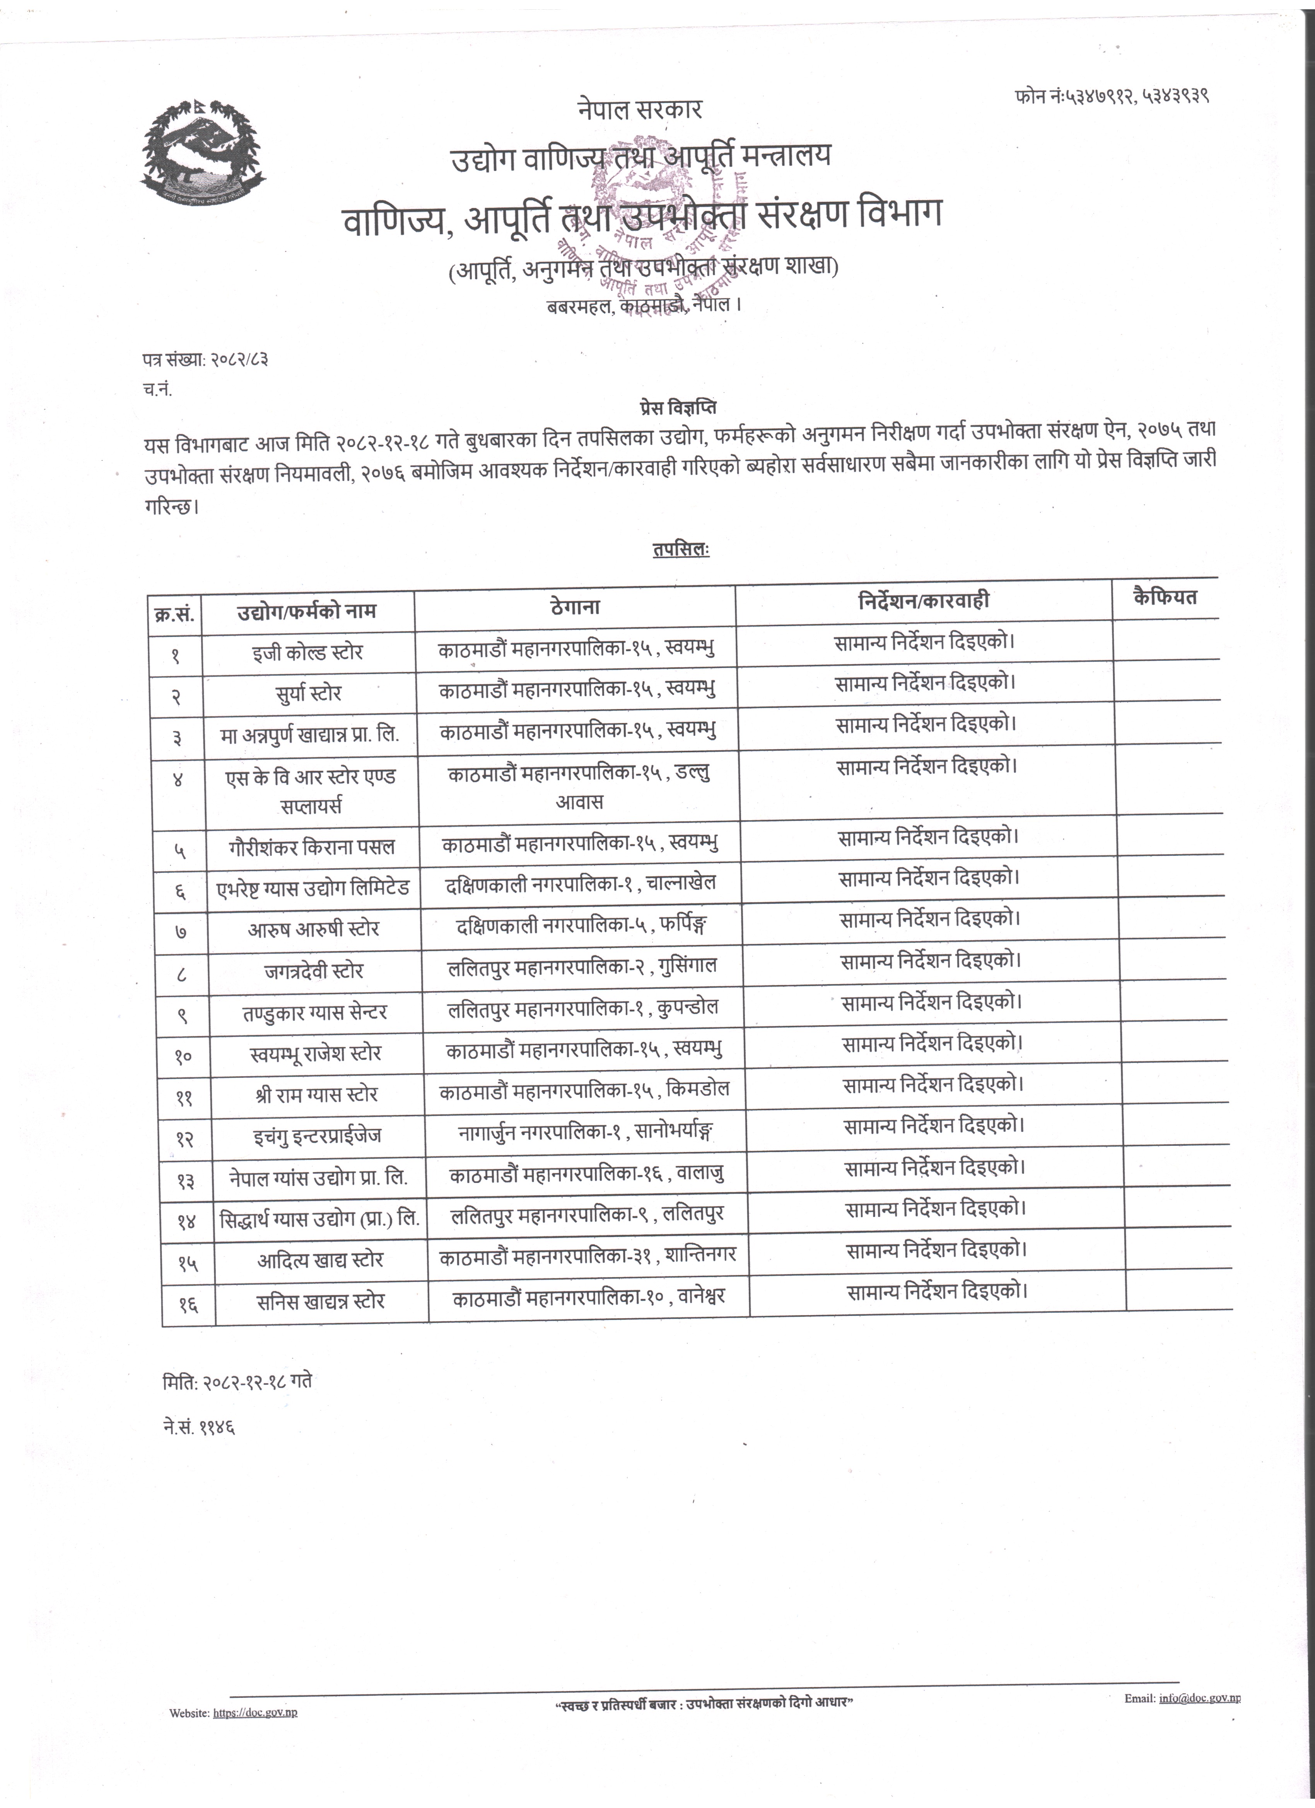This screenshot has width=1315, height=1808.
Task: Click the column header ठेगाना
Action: coord(575,607)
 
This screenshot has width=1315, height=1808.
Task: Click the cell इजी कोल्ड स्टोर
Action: coord(307,652)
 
